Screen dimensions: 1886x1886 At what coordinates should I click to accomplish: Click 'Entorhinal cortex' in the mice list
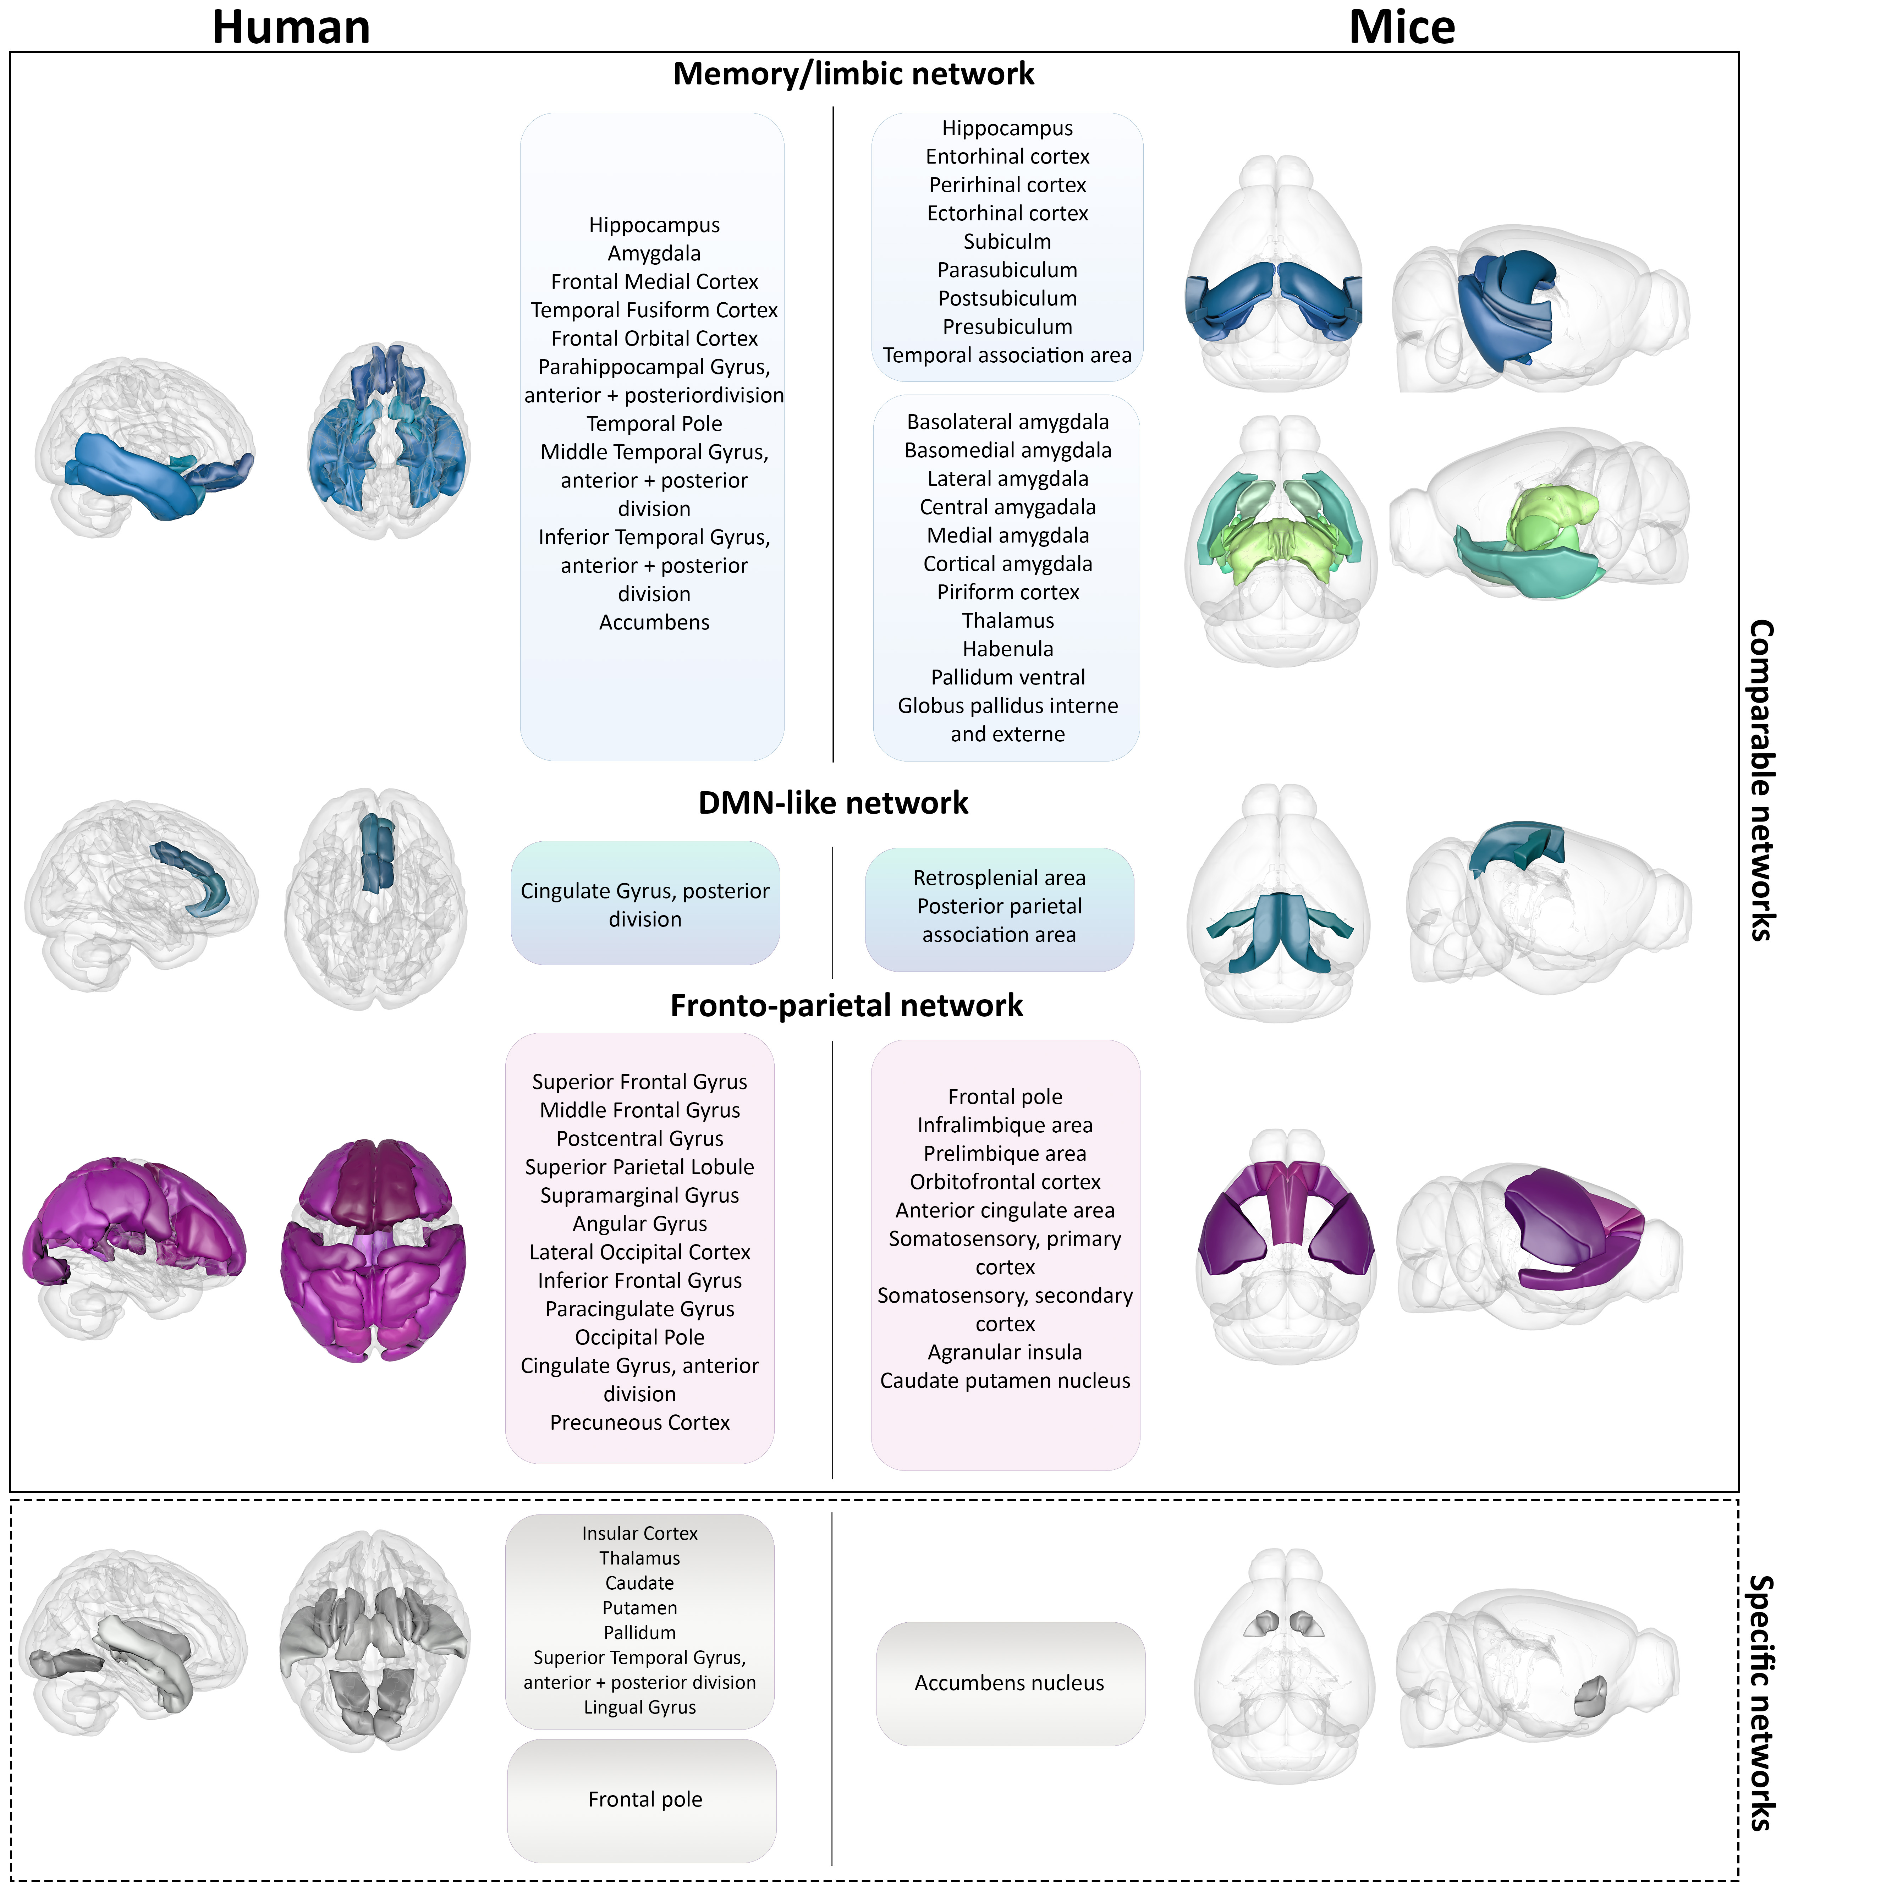1007,156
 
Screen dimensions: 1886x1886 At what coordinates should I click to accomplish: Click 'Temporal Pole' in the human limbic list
654,424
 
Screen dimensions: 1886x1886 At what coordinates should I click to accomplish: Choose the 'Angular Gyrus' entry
639,1224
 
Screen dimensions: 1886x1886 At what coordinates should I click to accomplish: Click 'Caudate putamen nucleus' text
1006,1380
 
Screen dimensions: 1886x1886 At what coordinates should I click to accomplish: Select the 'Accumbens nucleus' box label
1010,1683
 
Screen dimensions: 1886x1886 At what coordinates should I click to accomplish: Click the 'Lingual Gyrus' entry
639,1708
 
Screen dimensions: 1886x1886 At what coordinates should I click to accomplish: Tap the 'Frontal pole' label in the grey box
645,1799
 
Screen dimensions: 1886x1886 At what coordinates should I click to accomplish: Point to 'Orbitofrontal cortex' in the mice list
1006,1182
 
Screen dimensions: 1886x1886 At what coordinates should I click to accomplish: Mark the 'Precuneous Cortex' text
639,1422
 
